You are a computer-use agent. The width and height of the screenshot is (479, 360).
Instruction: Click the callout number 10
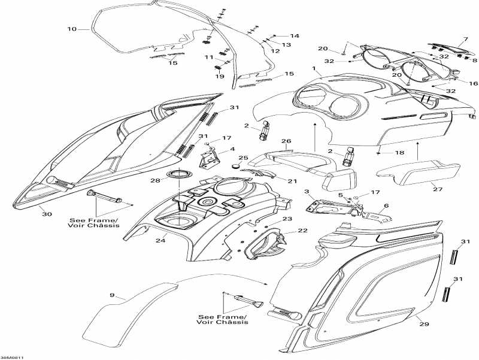coord(72,29)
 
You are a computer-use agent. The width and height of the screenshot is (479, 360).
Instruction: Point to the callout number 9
coord(111,295)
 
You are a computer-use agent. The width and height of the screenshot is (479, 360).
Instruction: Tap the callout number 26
coord(286,142)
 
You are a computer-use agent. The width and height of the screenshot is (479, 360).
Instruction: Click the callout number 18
coord(399,153)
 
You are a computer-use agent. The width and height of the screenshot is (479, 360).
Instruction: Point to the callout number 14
coord(295,36)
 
